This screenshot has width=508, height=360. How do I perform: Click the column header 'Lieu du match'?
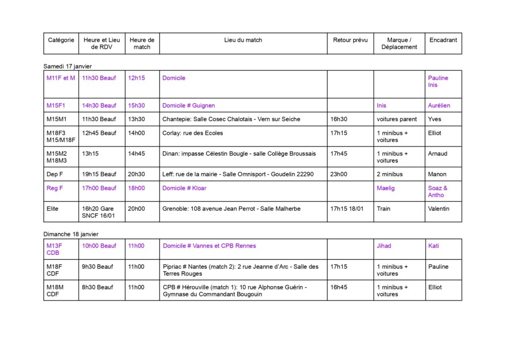coord(243,40)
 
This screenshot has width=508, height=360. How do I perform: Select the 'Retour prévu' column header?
coord(350,40)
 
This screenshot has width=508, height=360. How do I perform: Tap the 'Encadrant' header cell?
coord(443,40)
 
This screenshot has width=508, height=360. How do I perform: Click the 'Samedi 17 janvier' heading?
coord(67,66)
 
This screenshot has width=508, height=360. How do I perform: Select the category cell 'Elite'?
coord(53,209)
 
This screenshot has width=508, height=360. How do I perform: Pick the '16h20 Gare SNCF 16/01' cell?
coord(98,212)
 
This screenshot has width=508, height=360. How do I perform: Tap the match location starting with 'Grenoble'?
coord(231,209)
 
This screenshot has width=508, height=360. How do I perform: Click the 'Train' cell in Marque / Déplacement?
coord(384,209)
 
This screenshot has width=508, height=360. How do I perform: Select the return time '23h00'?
coord(339,174)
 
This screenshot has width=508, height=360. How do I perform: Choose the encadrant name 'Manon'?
coord(437,174)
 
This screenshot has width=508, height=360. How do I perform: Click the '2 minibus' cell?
coord(389,174)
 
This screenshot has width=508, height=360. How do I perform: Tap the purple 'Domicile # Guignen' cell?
coord(189,105)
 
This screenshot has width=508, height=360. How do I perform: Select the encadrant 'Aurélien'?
coord(439,105)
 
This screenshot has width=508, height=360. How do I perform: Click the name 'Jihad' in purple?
coord(384,246)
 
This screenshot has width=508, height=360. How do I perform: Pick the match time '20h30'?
coord(136,174)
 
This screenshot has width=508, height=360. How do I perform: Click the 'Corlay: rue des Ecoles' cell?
coord(192,133)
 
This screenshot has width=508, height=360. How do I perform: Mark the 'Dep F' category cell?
coord(55,174)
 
